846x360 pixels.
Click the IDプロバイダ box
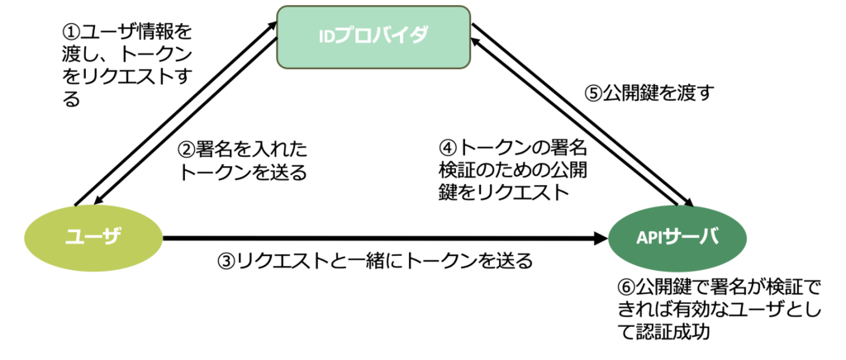(x=374, y=36)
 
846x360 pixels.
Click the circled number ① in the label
(x=72, y=33)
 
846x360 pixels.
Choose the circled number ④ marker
(x=448, y=150)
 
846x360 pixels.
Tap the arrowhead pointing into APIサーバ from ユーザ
(x=601, y=239)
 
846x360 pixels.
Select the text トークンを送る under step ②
(x=244, y=173)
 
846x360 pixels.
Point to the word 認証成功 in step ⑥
(x=677, y=333)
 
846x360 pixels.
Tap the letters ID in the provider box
(x=330, y=36)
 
